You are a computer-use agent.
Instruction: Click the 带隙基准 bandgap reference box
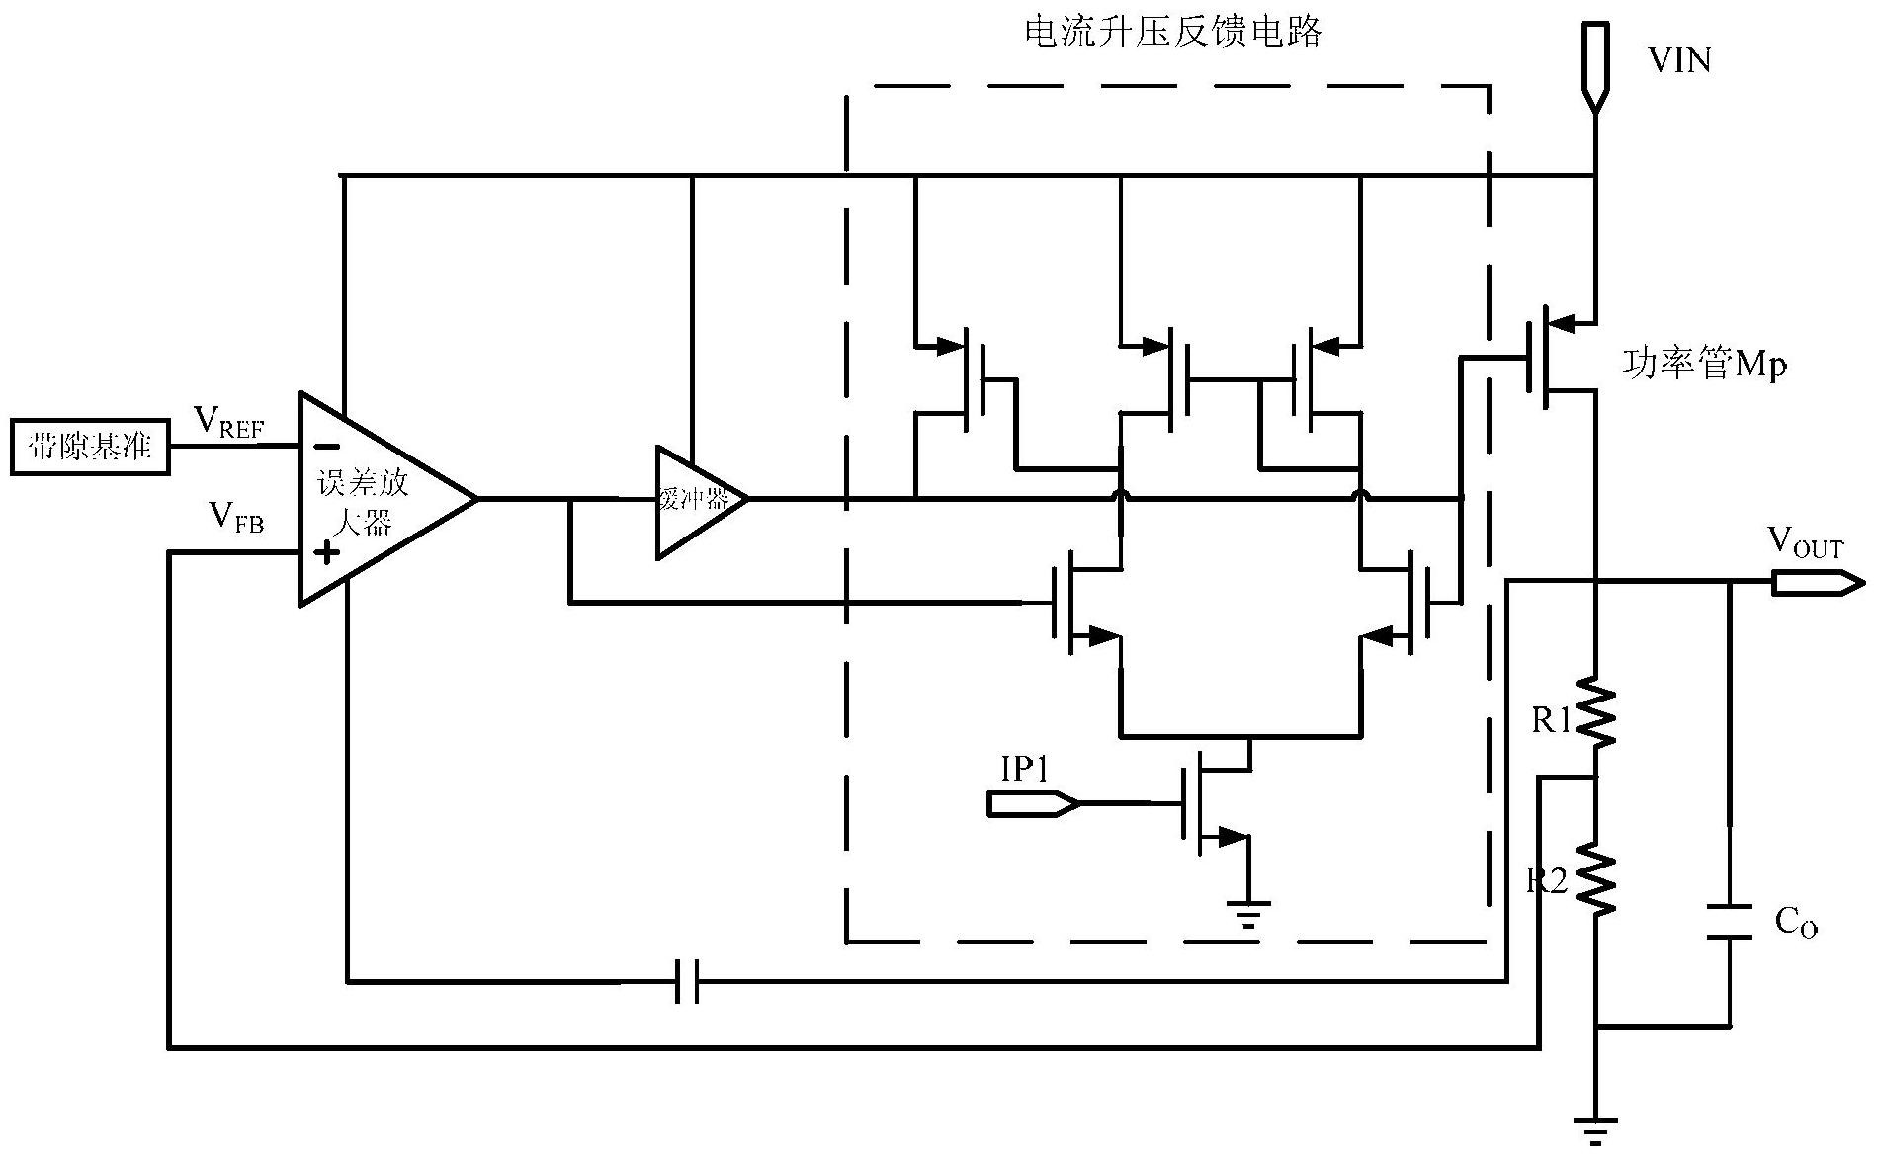click(90, 448)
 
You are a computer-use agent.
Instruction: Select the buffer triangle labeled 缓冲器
click(695, 500)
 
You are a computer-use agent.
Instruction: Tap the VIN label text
click(1678, 61)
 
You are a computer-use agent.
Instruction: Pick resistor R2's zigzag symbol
click(1594, 877)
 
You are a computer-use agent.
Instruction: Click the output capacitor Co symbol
click(1729, 922)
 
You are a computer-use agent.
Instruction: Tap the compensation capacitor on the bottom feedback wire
click(687, 981)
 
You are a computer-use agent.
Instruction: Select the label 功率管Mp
click(1703, 365)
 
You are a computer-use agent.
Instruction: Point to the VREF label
click(228, 423)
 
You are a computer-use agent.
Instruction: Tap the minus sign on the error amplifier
click(325, 446)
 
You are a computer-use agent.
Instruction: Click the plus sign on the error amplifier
click(325, 552)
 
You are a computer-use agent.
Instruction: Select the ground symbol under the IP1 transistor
click(1249, 914)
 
